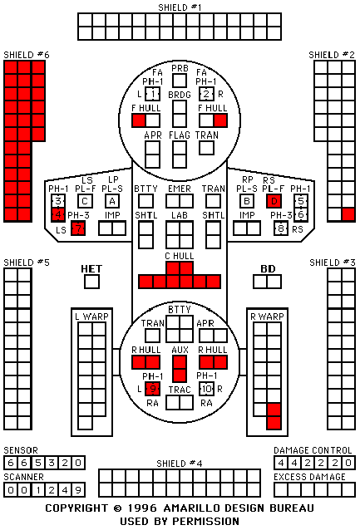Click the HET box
click(91, 282)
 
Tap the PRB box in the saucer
click(180, 81)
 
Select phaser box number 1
click(153, 94)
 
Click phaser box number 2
click(206, 94)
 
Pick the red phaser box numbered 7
click(78, 228)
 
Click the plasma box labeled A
click(112, 202)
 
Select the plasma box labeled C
click(85, 202)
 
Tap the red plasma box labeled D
click(274, 202)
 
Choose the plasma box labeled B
click(247, 202)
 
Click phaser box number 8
click(281, 228)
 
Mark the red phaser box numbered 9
click(153, 389)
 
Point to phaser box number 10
click(206, 389)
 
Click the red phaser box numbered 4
click(58, 215)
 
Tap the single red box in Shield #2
click(348, 215)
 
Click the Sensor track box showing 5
click(37, 463)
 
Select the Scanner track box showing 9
click(78, 490)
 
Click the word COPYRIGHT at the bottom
click(76, 508)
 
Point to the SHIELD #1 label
click(180, 7)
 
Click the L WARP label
click(91, 317)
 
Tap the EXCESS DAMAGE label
click(309, 477)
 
